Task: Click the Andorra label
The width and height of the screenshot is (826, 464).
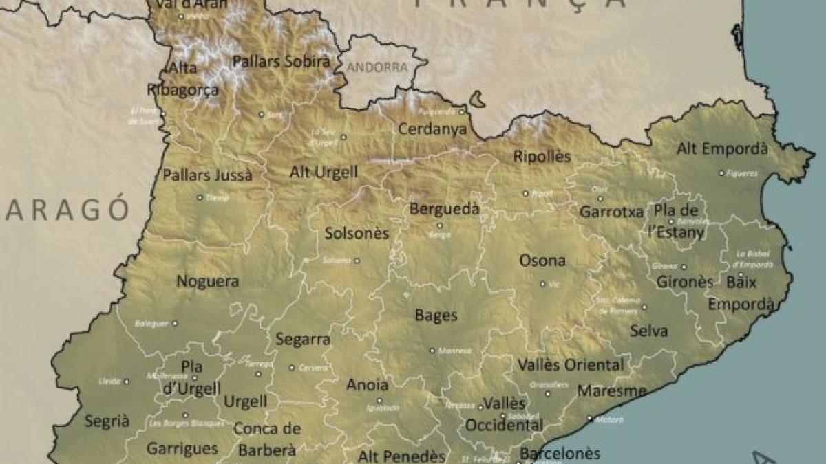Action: pos(377,67)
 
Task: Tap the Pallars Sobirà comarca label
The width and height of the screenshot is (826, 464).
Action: pos(281,61)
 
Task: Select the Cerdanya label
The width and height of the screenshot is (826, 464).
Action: pos(432,129)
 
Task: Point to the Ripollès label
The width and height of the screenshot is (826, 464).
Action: pos(542,156)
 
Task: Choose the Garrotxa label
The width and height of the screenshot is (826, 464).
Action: pos(611,212)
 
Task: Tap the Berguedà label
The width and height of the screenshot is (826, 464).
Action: pos(444,208)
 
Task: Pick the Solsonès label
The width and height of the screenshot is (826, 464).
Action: pos(357,234)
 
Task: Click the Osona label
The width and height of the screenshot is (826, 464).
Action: pos(542,261)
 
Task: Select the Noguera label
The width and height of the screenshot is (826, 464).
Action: pos(208,281)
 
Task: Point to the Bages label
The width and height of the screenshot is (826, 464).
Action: pos(436,316)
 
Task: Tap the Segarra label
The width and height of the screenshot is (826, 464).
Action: pos(303,339)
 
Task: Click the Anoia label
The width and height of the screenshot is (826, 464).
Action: pos(367,385)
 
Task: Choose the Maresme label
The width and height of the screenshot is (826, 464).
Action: pos(612,391)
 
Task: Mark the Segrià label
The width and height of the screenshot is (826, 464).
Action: pos(107,421)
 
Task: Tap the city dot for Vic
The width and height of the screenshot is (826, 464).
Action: pos(542,284)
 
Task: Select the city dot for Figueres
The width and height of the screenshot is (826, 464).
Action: pos(721,173)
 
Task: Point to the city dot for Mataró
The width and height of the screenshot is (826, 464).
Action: pos(590,418)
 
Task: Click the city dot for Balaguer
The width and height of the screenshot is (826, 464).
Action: pos(175,322)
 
